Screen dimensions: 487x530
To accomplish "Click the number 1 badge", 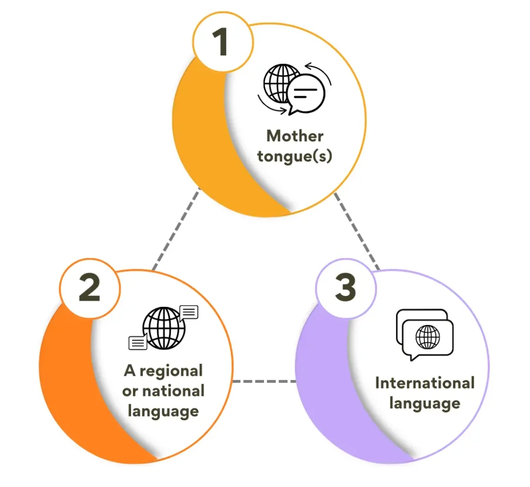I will coord(223,43).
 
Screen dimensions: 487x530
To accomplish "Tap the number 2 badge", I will coord(90,288).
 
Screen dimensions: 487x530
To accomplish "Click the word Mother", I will coord(295,136).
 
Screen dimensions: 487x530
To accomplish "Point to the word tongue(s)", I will coord(295,156).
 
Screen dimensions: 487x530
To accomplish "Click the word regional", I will coord(171,371).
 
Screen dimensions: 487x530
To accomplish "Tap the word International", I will coord(424,383).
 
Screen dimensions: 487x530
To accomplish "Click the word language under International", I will coord(424,403).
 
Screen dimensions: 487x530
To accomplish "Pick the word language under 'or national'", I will coord(163,411).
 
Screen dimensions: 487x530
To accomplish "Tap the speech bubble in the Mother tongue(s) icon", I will coord(306,94).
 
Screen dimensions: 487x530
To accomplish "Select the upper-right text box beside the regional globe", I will coord(189,312).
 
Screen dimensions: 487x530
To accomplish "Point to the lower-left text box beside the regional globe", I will coord(138,342).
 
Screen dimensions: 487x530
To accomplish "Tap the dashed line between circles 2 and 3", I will coord(264,381).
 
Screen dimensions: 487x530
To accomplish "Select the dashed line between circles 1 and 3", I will coord(357,231).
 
